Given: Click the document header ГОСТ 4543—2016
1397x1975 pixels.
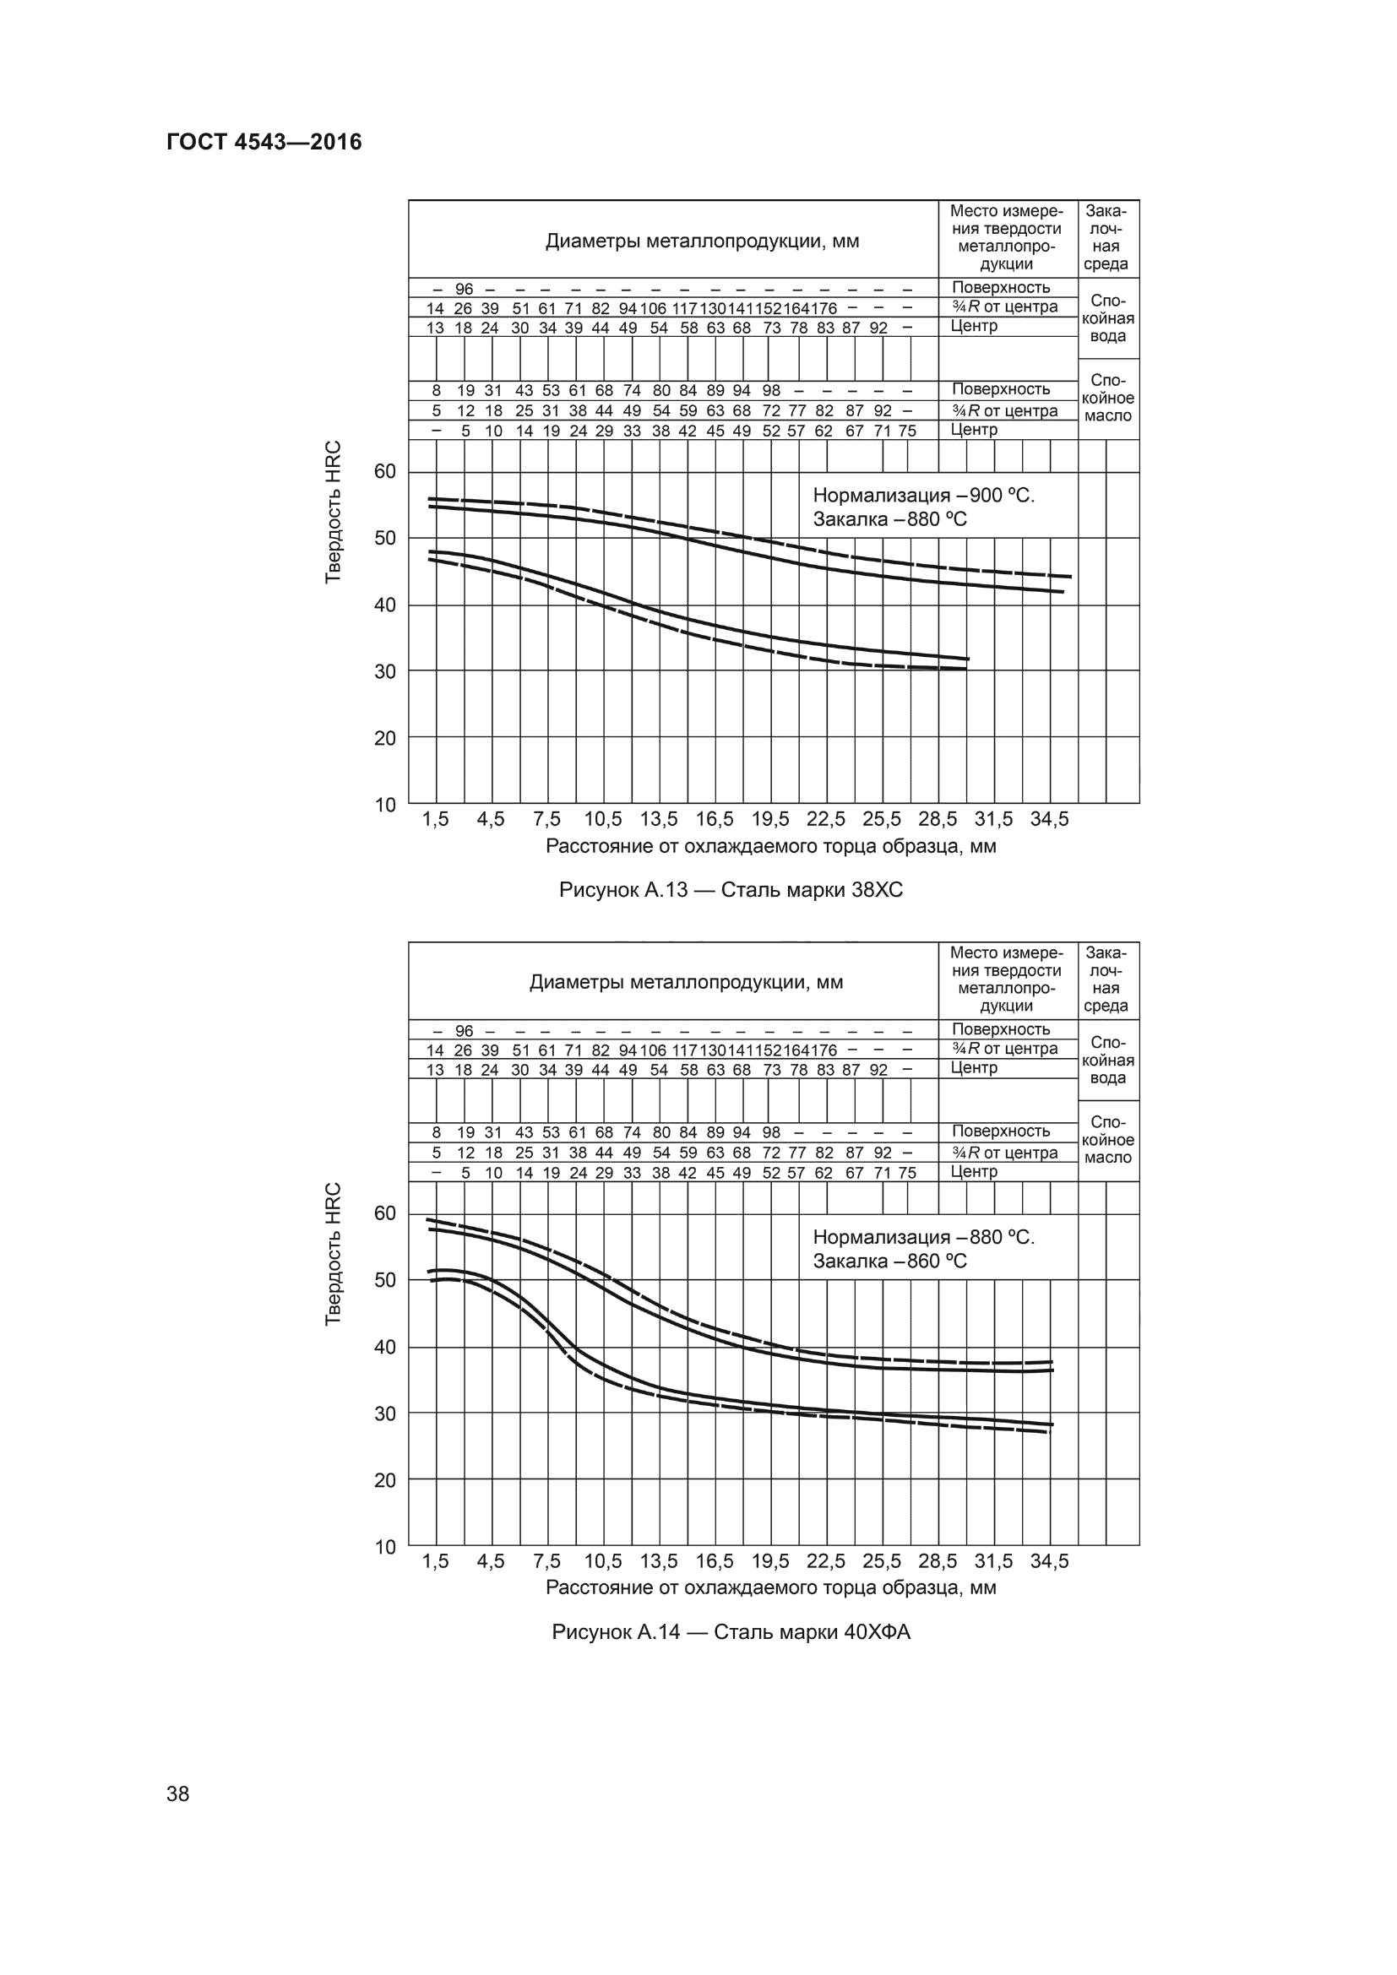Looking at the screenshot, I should click(264, 142).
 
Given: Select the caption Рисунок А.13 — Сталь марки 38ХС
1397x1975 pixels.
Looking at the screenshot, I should click(731, 889).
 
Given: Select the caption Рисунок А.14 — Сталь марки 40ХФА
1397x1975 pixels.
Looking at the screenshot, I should click(731, 1632).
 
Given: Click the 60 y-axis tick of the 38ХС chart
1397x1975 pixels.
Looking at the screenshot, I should click(384, 471).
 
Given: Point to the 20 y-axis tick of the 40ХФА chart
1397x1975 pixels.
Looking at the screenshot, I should click(384, 1479).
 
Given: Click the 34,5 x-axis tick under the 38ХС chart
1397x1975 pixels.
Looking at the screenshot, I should click(1050, 819).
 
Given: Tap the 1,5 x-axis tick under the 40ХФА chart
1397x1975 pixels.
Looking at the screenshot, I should click(435, 1561).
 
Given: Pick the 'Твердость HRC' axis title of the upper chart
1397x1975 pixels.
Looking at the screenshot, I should click(334, 512).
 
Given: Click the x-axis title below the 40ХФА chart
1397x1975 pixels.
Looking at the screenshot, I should click(771, 1588).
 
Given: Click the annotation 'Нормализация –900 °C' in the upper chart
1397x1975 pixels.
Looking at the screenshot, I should click(923, 496).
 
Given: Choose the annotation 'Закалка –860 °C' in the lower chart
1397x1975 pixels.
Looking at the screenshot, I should click(889, 1261).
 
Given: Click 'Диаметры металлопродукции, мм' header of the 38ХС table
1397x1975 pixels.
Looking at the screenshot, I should click(702, 241).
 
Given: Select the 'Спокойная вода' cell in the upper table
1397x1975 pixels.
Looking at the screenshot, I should click(1108, 318).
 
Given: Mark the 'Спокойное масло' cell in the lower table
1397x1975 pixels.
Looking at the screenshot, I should click(1108, 1140).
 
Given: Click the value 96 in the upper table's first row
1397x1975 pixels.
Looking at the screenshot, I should click(464, 289).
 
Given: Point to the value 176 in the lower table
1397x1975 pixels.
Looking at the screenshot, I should click(824, 1050).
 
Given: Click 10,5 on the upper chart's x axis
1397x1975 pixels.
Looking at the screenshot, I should click(603, 819).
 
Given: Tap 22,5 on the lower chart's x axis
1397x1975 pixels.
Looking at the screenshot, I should click(826, 1561).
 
